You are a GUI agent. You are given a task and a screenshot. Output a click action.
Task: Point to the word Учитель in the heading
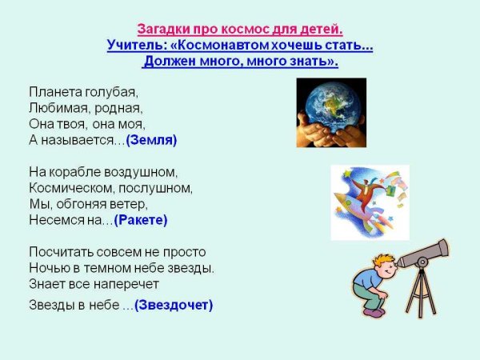pos(133,46)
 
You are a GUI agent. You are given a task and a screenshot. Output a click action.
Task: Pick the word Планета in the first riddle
pos(54,92)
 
